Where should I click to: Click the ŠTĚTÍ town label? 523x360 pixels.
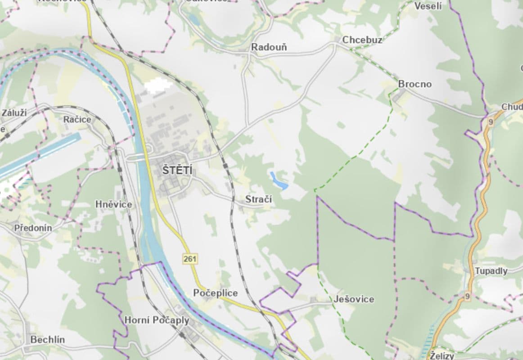click(x=177, y=171)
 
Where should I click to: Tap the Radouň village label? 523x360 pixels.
click(x=269, y=47)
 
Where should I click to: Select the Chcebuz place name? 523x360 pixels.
click(x=362, y=40)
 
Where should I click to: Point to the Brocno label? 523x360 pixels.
click(x=415, y=84)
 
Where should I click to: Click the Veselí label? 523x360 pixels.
click(x=428, y=6)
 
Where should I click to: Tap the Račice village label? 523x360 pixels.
click(x=77, y=120)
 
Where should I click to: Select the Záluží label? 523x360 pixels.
click(x=14, y=112)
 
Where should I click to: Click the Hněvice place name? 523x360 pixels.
click(x=114, y=204)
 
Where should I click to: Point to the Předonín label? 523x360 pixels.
click(x=33, y=228)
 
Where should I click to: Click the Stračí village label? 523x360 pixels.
click(x=258, y=199)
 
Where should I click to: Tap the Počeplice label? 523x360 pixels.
click(x=216, y=293)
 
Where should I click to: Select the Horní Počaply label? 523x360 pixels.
click(x=157, y=320)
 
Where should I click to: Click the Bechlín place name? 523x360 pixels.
click(x=47, y=340)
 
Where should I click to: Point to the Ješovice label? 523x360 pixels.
click(x=354, y=299)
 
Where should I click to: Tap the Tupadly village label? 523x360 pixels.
click(x=491, y=271)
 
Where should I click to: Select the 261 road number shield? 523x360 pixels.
click(x=190, y=259)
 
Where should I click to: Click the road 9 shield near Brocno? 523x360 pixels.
click(x=490, y=121)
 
